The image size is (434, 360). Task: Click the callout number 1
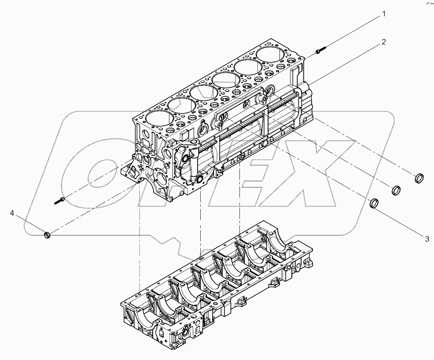click(x=383, y=14)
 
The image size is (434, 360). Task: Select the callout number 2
click(x=383, y=42)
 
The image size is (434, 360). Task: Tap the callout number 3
click(x=427, y=239)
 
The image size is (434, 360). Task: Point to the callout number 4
click(x=12, y=213)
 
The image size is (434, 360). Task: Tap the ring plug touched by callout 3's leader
click(x=374, y=203)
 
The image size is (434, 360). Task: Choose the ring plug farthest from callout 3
click(x=420, y=178)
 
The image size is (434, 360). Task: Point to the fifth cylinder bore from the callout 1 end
click(x=180, y=106)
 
